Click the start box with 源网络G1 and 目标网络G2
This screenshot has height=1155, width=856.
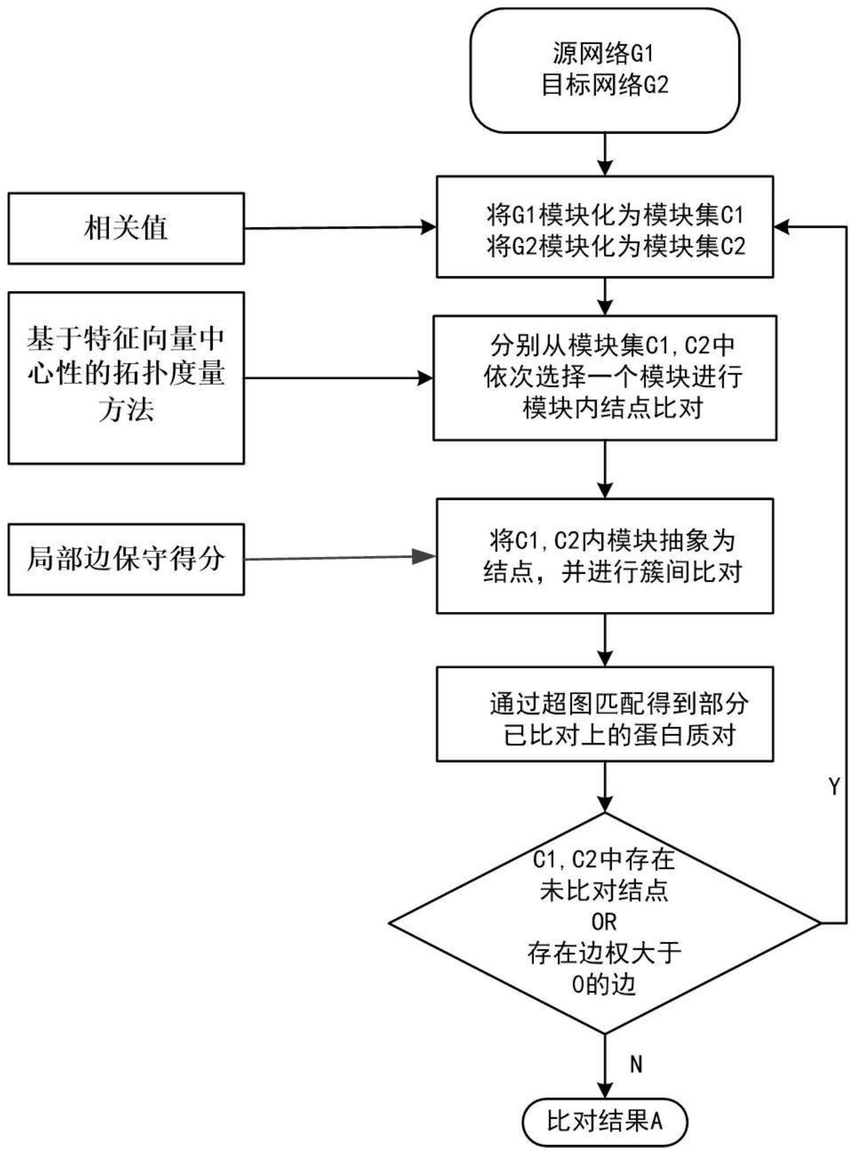(605, 71)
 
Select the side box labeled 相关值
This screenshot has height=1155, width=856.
(126, 228)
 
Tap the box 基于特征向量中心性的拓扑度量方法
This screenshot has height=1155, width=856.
(126, 378)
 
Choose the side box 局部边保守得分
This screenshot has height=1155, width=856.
(126, 560)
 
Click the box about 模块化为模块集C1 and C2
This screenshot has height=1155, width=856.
(605, 227)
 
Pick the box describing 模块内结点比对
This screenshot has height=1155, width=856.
(605, 378)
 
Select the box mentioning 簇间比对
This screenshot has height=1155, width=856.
(605, 556)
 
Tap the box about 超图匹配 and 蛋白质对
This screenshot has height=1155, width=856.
(605, 714)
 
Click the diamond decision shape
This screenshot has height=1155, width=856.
(605, 923)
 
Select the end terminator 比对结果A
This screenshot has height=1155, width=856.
(605, 1122)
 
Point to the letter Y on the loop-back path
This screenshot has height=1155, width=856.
(834, 786)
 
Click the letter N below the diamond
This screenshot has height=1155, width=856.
(636, 1064)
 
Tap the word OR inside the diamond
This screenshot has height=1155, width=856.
(604, 922)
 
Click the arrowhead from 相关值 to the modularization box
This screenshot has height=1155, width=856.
(427, 227)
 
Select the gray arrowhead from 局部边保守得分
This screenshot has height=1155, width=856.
(424, 557)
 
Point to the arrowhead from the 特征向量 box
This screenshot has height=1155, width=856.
(425, 378)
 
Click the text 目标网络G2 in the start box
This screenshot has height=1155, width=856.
(605, 86)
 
